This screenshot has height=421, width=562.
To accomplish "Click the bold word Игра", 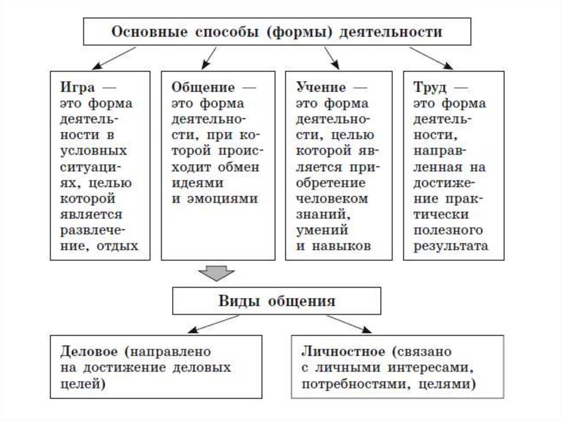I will click(77, 88).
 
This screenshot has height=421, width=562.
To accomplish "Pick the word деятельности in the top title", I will click(390, 31).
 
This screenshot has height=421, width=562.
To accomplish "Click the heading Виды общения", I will click(277, 300).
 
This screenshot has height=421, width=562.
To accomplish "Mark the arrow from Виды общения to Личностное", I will click(349, 324).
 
